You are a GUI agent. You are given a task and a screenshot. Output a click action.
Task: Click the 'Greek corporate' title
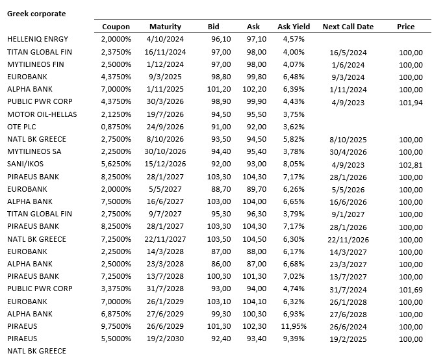click(x=36, y=13)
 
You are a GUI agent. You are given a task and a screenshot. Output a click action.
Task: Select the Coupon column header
click(x=116, y=27)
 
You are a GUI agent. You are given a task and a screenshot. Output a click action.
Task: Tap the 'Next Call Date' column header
click(x=348, y=27)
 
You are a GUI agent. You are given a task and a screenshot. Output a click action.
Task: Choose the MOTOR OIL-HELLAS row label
click(x=42, y=114)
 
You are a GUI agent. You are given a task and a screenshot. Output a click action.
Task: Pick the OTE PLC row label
click(x=24, y=127)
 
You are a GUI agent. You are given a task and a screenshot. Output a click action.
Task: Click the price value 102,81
click(x=410, y=164)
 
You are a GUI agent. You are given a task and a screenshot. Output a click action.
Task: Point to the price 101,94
click(x=410, y=102)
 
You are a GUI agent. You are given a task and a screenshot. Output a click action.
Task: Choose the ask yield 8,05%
click(x=293, y=164)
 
